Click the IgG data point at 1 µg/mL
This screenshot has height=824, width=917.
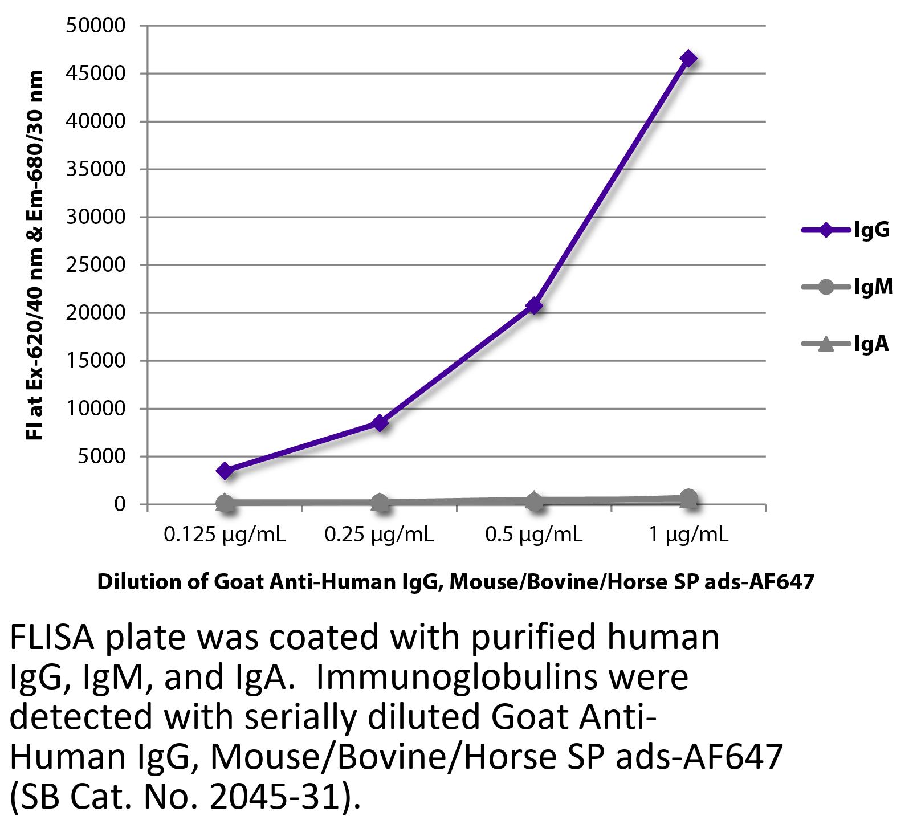688,59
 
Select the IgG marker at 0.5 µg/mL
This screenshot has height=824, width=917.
533,306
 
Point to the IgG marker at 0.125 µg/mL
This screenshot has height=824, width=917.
225,471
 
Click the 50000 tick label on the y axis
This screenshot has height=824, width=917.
96,26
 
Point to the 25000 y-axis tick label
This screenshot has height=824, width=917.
96,265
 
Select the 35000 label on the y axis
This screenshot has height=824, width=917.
96,169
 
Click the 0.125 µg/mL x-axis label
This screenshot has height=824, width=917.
225,535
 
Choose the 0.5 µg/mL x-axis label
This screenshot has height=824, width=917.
533,535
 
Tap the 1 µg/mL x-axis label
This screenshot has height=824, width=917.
688,535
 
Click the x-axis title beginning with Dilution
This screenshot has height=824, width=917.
456,581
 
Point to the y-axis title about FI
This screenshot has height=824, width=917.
35,255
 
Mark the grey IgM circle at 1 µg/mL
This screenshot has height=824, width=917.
688,497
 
